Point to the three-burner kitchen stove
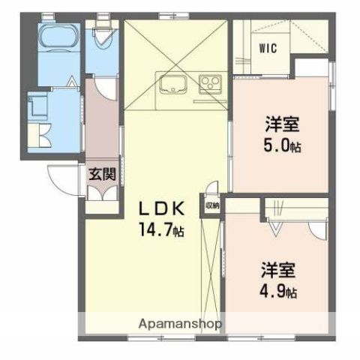[210, 83]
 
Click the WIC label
[268, 48]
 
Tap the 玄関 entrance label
[102, 175]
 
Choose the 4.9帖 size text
[279, 289]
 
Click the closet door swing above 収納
[214, 189]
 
